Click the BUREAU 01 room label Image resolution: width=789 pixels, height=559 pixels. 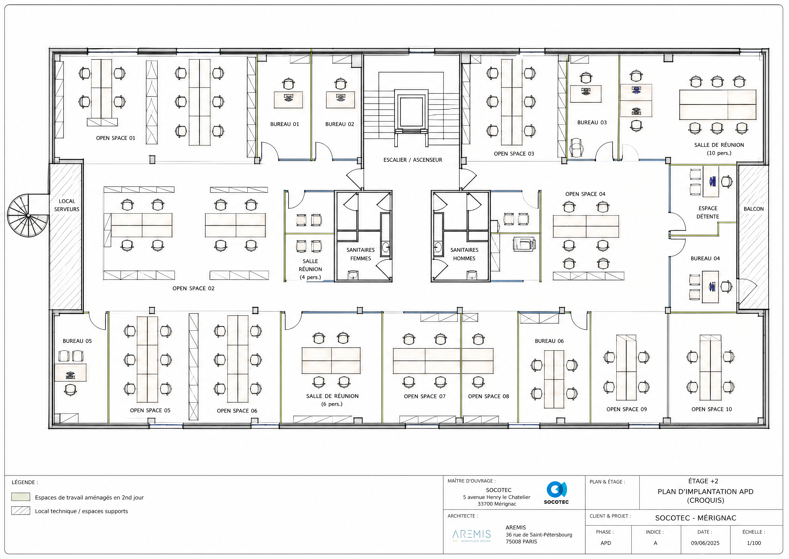[284, 124]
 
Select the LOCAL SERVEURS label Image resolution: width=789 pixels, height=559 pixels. [67, 205]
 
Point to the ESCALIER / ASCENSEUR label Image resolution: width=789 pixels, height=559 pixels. [413, 160]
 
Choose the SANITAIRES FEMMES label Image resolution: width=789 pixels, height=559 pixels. [361, 254]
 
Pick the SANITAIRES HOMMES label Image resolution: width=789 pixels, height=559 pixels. [464, 254]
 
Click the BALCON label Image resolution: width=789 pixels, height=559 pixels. [754, 209]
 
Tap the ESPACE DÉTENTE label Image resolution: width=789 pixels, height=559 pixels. [708, 212]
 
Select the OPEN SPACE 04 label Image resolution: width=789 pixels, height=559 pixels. [585, 194]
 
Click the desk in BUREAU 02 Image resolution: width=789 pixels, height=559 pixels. [340, 100]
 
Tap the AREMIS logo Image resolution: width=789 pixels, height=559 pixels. [472, 536]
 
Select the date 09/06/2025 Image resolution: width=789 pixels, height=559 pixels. [705, 543]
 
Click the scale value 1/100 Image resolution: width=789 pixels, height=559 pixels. [754, 543]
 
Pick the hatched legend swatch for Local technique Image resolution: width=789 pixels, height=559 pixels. [21, 510]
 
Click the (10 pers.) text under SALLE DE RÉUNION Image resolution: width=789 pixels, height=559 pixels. [719, 153]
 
